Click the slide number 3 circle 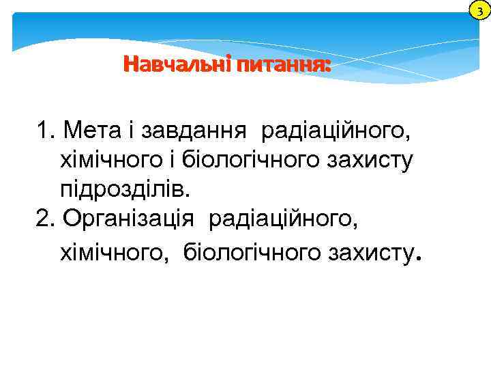(x=480, y=10)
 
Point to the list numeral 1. (x=45, y=129)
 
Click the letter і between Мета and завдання (x=130, y=129)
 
